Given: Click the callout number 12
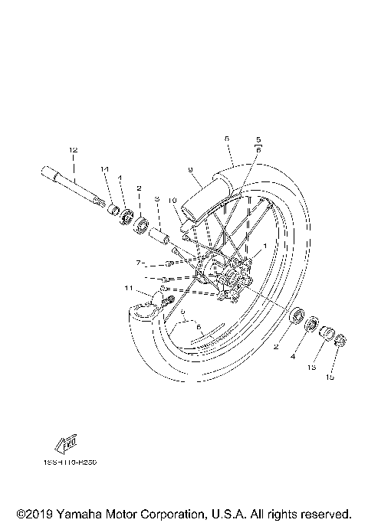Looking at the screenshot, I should (x=74, y=149).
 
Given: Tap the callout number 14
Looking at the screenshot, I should (x=105, y=168).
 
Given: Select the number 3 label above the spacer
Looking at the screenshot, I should (x=156, y=199).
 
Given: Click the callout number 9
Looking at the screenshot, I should (x=189, y=169).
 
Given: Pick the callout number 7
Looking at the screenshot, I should (x=139, y=263).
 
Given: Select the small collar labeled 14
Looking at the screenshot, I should (x=110, y=210).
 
